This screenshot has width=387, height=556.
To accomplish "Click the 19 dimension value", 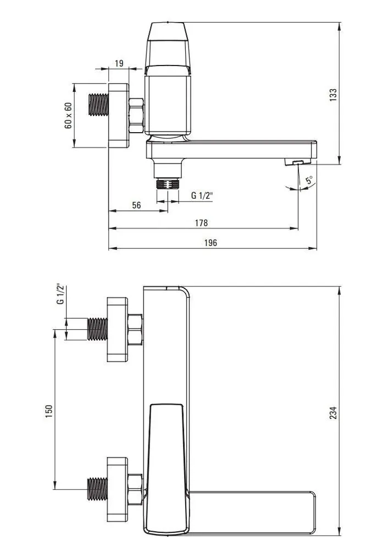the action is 119,63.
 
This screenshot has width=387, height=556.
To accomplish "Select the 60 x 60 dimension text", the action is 68,116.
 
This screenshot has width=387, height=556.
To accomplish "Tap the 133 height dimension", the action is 333,95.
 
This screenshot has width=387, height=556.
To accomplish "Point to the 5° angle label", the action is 310,179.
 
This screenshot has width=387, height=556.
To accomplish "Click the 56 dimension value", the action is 136,205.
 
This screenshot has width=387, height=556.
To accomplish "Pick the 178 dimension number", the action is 201,223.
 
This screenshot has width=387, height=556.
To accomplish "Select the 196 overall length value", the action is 211,243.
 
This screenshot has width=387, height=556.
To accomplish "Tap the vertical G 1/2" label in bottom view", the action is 60,293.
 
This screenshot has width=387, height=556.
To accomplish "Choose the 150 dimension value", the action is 49,411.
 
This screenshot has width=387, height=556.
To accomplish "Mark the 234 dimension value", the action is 333,413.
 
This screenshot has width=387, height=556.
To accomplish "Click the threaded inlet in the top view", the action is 98,105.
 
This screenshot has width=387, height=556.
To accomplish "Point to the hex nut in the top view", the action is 136,116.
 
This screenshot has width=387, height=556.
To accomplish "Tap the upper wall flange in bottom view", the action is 118,329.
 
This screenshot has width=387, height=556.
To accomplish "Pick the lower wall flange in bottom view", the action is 118,489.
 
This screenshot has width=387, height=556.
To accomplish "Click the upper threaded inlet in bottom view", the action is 97,329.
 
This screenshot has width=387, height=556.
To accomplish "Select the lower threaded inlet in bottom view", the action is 97,489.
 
